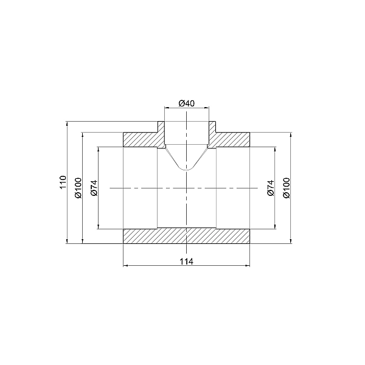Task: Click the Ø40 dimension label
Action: coord(187,103)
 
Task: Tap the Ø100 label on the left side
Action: coord(77,188)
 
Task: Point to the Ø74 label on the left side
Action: coord(94,188)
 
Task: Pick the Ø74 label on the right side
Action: coord(271,188)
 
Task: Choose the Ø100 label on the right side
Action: coord(287,188)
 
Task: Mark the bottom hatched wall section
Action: coord(187,237)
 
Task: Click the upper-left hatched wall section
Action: coord(140,139)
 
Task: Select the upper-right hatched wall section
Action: coord(234,139)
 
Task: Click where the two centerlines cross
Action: coord(187,189)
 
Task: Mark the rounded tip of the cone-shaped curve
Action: coord(187,169)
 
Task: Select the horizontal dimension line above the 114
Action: coord(187,266)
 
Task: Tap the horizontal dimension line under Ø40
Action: coord(187,108)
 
